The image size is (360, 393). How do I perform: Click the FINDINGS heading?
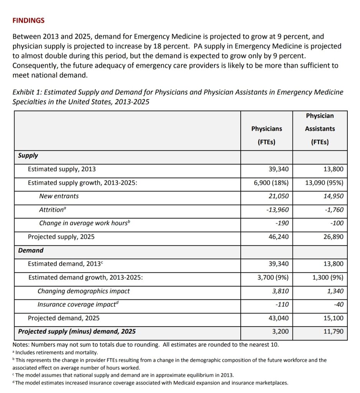click(28, 21)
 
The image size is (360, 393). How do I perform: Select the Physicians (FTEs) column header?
click(266, 135)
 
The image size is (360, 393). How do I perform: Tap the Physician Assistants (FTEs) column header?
click(320, 129)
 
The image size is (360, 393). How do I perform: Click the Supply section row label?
click(28, 155)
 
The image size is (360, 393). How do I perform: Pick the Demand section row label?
click(31, 250)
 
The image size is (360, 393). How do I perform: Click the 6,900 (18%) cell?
click(271, 183)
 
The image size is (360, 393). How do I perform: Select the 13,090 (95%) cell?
click(324, 183)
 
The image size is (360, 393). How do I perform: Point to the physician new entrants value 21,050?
click(278, 196)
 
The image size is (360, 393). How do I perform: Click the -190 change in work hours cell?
click(282, 223)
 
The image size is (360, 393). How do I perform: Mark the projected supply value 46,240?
click(278, 237)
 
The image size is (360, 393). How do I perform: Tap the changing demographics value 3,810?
click(280, 291)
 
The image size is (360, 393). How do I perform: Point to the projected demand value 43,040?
click(278, 318)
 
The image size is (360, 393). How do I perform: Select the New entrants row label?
click(59, 196)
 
